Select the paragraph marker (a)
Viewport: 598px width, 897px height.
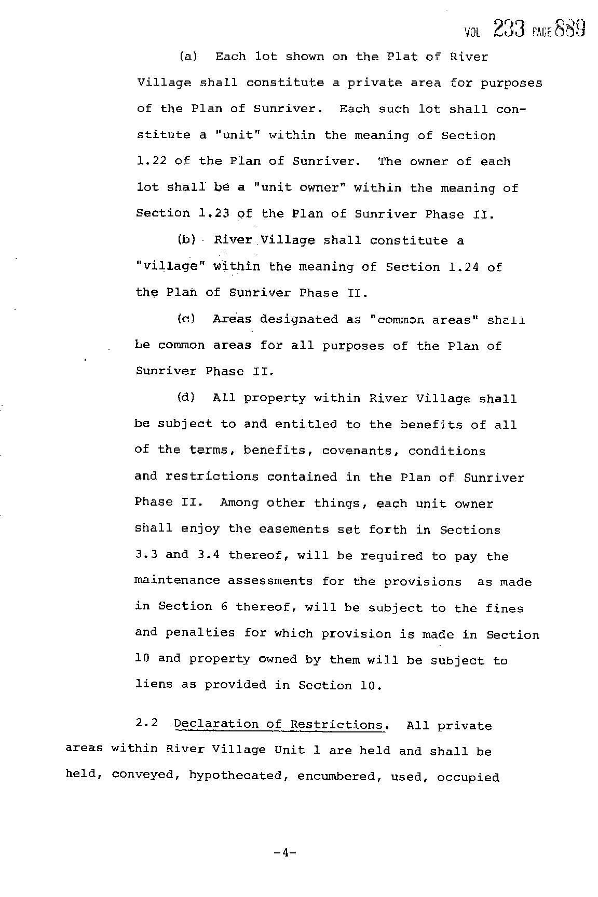click(x=188, y=57)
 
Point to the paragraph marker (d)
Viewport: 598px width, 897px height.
click(x=186, y=398)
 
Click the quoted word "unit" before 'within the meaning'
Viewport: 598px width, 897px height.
click(x=237, y=135)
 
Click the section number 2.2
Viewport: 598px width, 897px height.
click(x=146, y=724)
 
